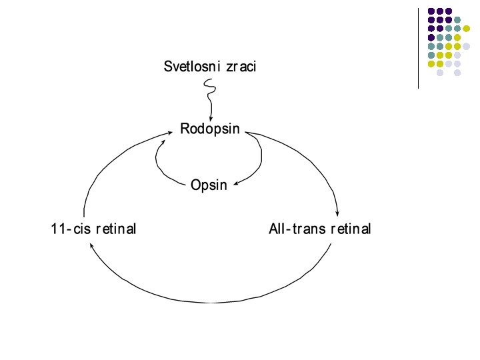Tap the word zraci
point(241,67)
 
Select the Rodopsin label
point(210,129)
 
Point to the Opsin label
point(209,185)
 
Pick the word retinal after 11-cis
point(115,229)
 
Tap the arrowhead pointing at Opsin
point(236,185)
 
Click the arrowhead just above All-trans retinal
point(339,212)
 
